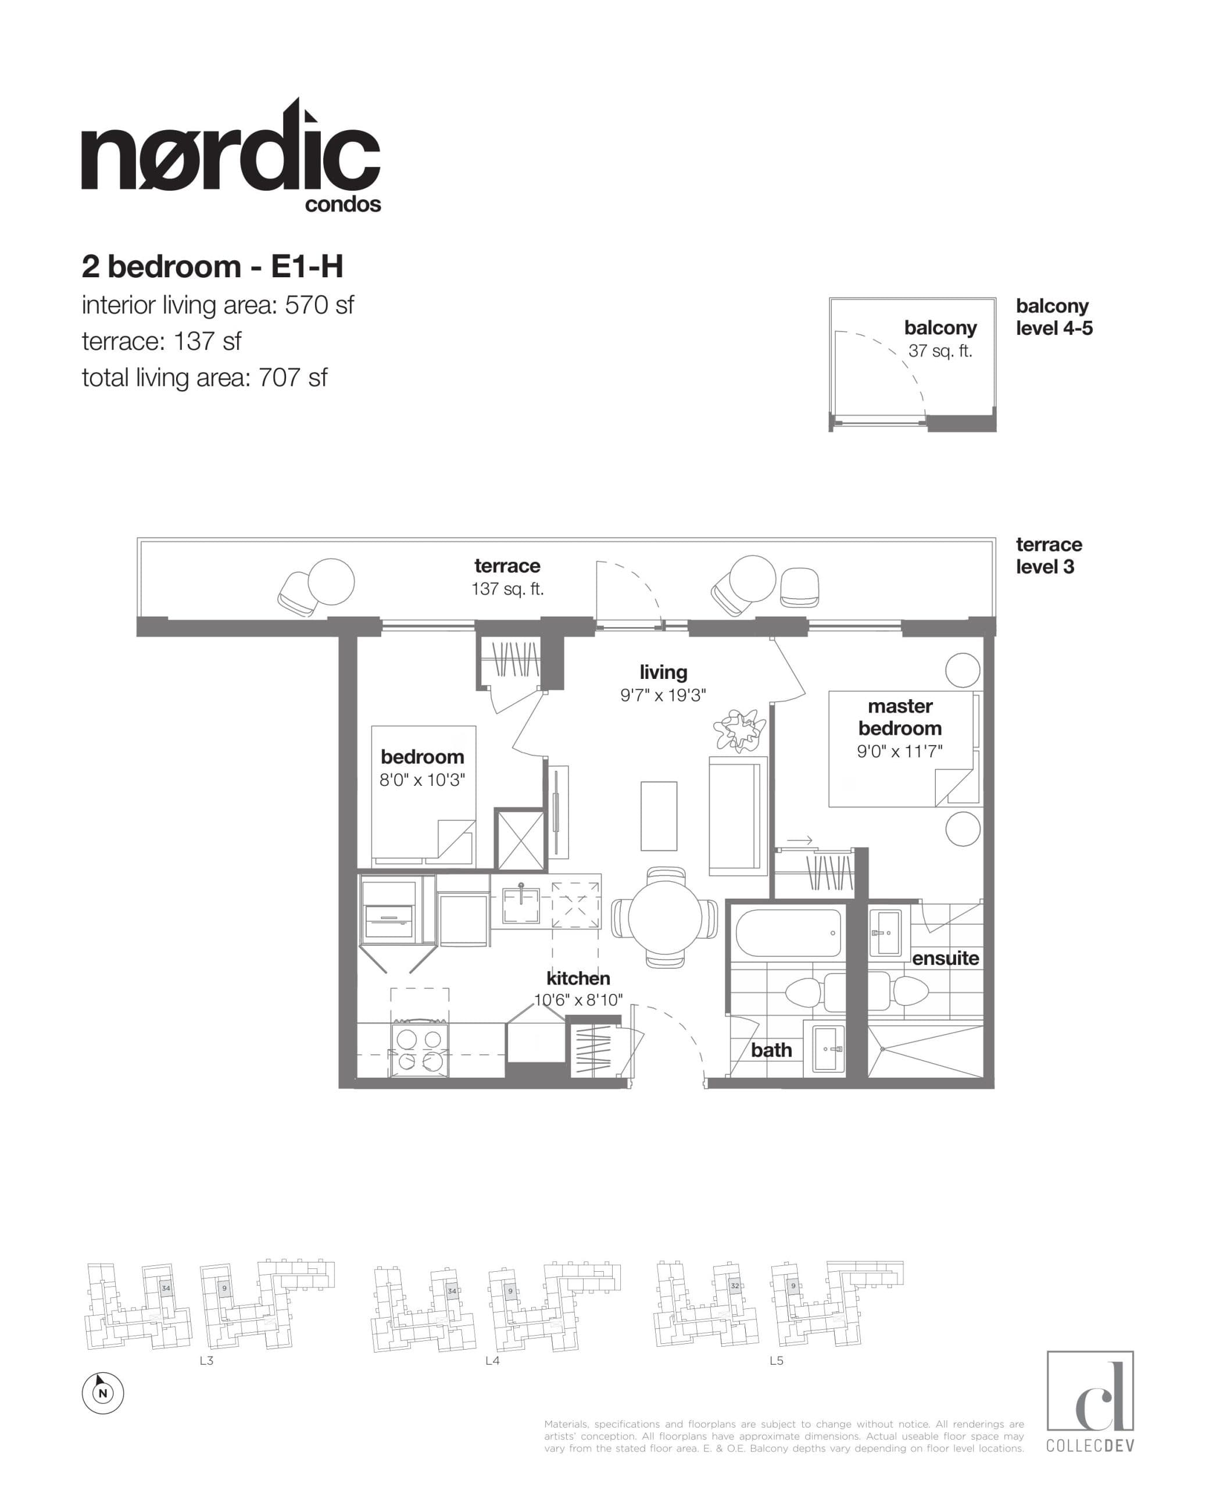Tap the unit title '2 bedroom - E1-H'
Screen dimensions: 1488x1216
click(x=212, y=267)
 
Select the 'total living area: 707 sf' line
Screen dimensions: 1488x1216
click(x=204, y=378)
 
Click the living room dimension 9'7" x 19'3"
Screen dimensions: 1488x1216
click(x=663, y=695)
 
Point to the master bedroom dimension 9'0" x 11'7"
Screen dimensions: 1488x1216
click(x=899, y=752)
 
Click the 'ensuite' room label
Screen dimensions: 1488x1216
click(x=945, y=958)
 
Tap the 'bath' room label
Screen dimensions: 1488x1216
click(x=771, y=1050)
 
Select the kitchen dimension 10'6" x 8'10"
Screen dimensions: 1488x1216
click(x=578, y=1000)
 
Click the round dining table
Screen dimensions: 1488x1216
click(x=664, y=918)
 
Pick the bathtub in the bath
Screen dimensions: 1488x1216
click(x=787, y=932)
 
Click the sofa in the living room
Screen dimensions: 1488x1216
click(x=738, y=816)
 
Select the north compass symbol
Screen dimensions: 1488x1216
click(x=103, y=1393)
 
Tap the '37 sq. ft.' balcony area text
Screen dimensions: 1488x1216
click(x=940, y=351)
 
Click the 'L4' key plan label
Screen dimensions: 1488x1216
click(x=492, y=1361)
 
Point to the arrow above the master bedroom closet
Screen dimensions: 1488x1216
click(x=799, y=840)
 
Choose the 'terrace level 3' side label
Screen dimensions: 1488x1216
click(x=1049, y=556)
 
